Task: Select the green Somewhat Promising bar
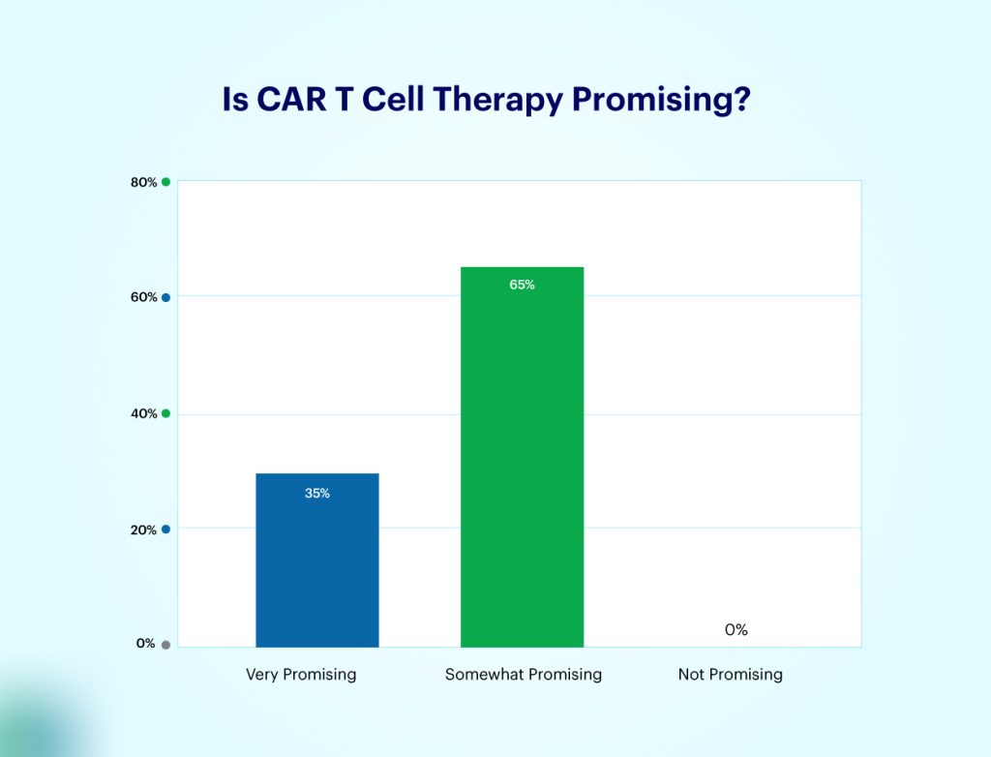pyautogui.click(x=522, y=456)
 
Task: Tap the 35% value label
pyautogui.click(x=317, y=493)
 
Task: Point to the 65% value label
pyautogui.click(x=522, y=285)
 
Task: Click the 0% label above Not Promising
pyautogui.click(x=736, y=630)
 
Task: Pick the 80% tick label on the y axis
pyautogui.click(x=143, y=182)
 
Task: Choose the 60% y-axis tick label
pyautogui.click(x=143, y=297)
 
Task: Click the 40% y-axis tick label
pyautogui.click(x=143, y=413)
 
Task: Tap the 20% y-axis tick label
pyautogui.click(x=143, y=530)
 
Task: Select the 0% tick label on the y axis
pyautogui.click(x=145, y=644)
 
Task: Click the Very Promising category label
pyautogui.click(x=301, y=675)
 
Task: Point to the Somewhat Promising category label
pyautogui.click(x=523, y=675)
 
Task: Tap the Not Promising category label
pyautogui.click(x=730, y=675)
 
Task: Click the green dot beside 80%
pyautogui.click(x=166, y=182)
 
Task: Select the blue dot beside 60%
pyautogui.click(x=166, y=297)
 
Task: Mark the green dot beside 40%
pyautogui.click(x=166, y=413)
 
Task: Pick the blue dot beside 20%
pyautogui.click(x=166, y=530)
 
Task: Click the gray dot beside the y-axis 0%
pyautogui.click(x=166, y=645)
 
